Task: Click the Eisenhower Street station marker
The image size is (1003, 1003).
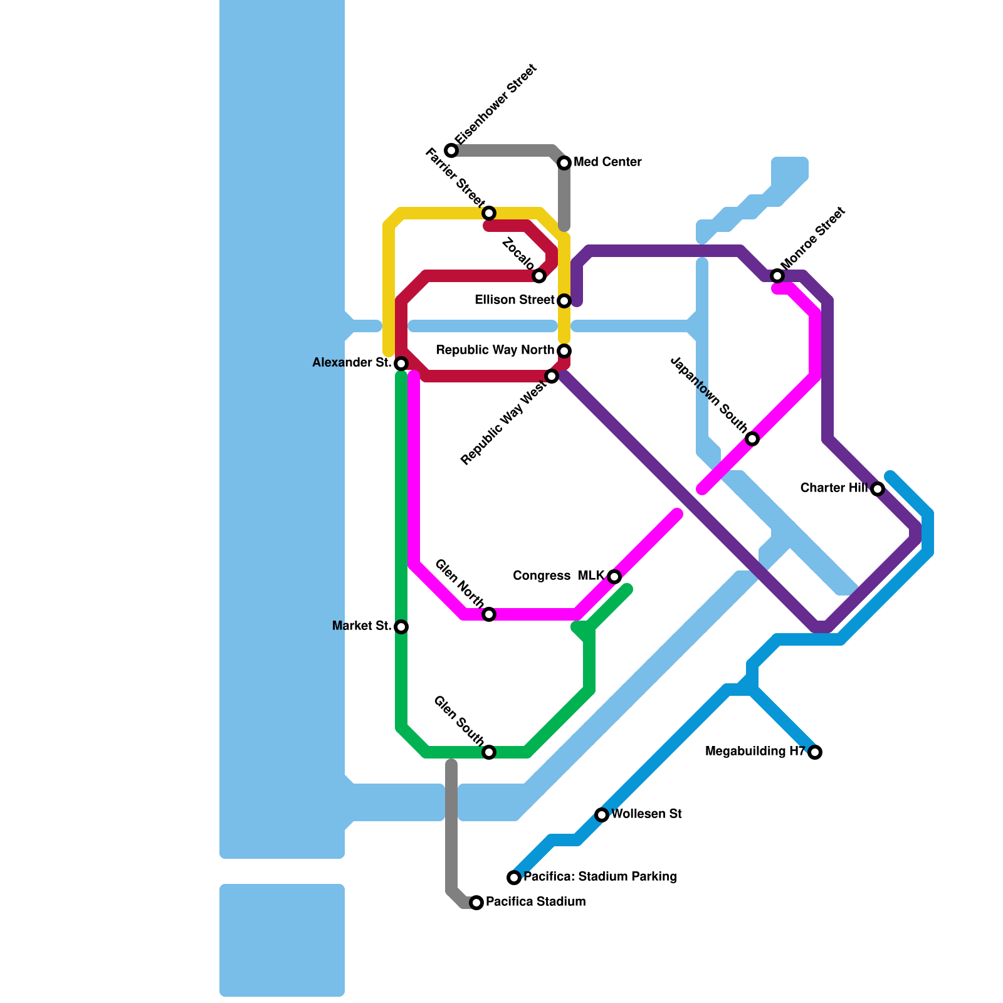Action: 451,150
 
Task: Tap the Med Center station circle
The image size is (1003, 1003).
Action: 564,163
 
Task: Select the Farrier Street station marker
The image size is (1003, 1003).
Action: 489,213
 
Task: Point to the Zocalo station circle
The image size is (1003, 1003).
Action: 539,276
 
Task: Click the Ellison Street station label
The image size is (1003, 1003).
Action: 514,300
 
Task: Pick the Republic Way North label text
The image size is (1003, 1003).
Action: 495,350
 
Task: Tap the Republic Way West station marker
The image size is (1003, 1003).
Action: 552,376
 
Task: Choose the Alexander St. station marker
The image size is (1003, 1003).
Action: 401,364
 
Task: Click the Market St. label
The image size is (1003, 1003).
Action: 362,626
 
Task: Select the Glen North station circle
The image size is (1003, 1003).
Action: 489,614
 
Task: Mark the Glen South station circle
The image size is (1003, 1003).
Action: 489,752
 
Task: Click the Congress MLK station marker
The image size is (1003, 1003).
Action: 614,576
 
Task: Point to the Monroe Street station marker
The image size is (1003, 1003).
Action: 777,276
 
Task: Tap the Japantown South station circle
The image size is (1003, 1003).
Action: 752,439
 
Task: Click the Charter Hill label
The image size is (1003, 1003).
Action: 834,488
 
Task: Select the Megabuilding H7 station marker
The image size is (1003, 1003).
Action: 815,752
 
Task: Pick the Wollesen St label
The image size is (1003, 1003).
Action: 646,814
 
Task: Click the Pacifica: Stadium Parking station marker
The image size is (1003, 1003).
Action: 514,877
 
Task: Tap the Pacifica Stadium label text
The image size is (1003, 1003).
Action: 535,901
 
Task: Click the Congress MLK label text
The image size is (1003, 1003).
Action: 558,575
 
